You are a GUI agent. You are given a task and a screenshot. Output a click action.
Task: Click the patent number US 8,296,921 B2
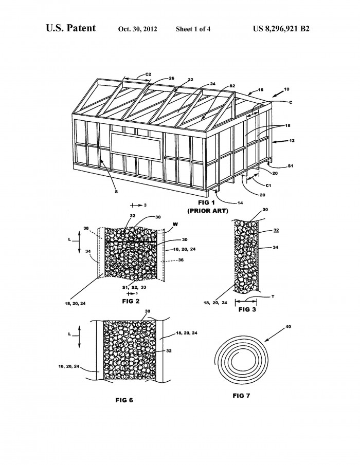coord(281,29)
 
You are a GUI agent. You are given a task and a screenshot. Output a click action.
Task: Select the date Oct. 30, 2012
coord(137,29)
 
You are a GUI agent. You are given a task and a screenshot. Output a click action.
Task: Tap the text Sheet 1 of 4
coord(193,29)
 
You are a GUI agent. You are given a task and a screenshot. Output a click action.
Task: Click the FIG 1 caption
coord(206,202)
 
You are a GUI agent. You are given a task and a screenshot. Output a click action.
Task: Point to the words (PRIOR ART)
coord(207,211)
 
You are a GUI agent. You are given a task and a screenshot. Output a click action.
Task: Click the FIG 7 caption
coord(241,396)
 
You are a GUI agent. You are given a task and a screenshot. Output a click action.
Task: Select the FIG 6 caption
coord(124,400)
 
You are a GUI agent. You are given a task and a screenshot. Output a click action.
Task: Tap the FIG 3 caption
coord(247,310)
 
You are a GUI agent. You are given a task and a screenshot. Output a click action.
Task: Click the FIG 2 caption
coord(131,301)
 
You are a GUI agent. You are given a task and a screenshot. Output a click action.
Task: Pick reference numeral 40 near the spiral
coord(288,327)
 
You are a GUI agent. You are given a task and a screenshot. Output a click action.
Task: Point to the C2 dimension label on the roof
coord(148,75)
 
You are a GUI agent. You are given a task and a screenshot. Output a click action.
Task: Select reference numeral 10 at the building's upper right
coord(286,89)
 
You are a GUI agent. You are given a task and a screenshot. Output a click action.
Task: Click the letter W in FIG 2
coord(175,224)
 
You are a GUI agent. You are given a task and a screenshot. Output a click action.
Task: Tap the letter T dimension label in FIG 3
coord(273,296)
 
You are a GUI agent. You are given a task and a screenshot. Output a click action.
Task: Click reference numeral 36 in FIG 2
coord(181,260)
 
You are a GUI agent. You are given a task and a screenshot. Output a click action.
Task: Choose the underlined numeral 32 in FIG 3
coord(276,230)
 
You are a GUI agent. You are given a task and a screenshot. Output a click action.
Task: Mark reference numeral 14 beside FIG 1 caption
coord(240,203)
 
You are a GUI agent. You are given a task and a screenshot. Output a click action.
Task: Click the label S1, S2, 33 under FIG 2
coord(134,287)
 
